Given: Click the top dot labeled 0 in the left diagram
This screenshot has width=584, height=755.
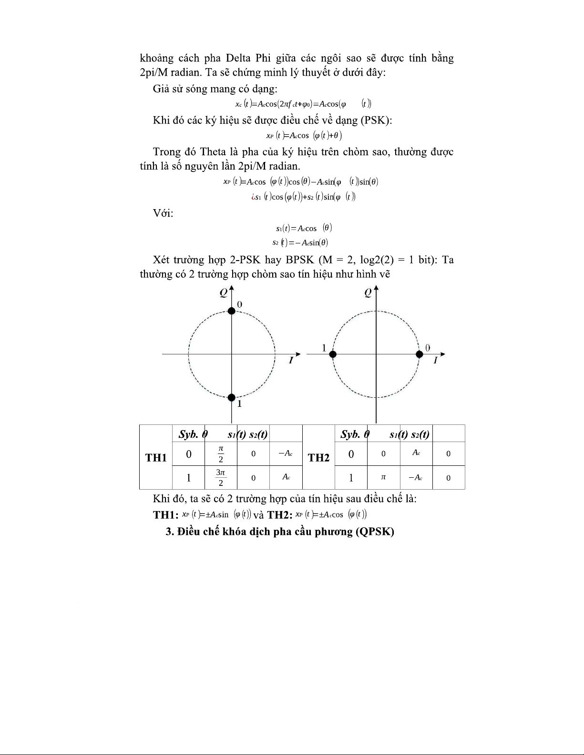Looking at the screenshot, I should click(x=231, y=311).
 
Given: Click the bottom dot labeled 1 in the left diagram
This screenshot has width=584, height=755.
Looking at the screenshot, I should click(x=231, y=397).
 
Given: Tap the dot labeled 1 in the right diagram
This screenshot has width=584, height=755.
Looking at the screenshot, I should click(x=333, y=354).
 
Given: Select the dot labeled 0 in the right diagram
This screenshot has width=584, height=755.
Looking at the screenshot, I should click(x=420, y=354).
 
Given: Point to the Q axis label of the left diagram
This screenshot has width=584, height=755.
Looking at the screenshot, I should click(x=223, y=293).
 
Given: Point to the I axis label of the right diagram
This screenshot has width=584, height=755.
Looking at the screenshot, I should click(x=435, y=361).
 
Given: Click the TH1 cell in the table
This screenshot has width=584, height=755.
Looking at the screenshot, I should click(x=156, y=458).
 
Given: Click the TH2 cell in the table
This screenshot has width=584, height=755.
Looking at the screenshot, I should click(x=319, y=458).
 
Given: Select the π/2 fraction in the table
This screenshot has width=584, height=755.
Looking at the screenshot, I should click(x=221, y=454).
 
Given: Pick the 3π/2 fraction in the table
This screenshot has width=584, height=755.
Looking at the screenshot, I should click(x=221, y=477).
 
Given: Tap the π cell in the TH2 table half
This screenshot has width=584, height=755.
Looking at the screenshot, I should click(x=383, y=477).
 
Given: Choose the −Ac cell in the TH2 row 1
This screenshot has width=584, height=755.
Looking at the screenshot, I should click(x=416, y=477).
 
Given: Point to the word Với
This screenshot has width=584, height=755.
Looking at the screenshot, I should click(x=163, y=213).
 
